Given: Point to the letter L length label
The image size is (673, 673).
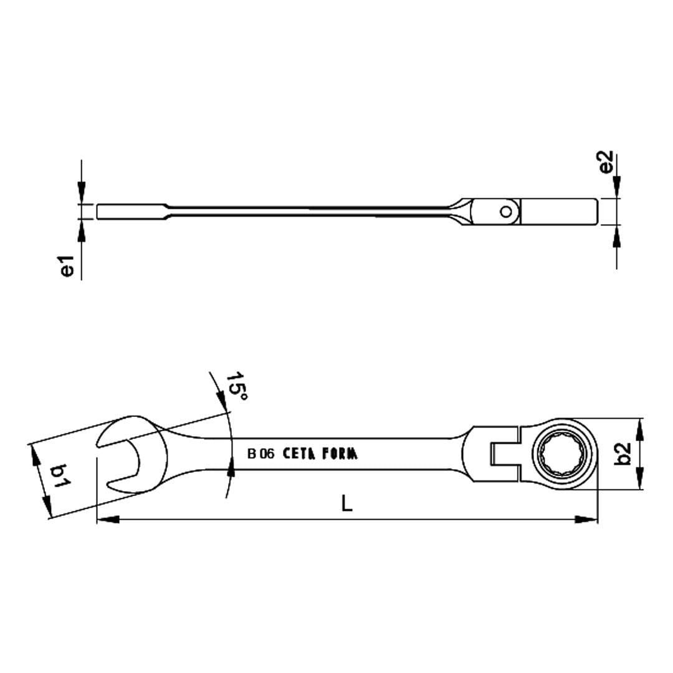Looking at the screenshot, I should tap(347, 503).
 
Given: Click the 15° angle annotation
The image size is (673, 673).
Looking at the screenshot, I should tap(236, 387).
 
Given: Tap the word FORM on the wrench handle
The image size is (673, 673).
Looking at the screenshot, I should tap(340, 454).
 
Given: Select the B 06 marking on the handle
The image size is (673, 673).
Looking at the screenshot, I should tap(260, 454).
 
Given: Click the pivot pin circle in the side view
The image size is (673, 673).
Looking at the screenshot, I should tap(507, 212).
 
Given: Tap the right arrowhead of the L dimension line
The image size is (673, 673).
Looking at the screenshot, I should tap(586, 519).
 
